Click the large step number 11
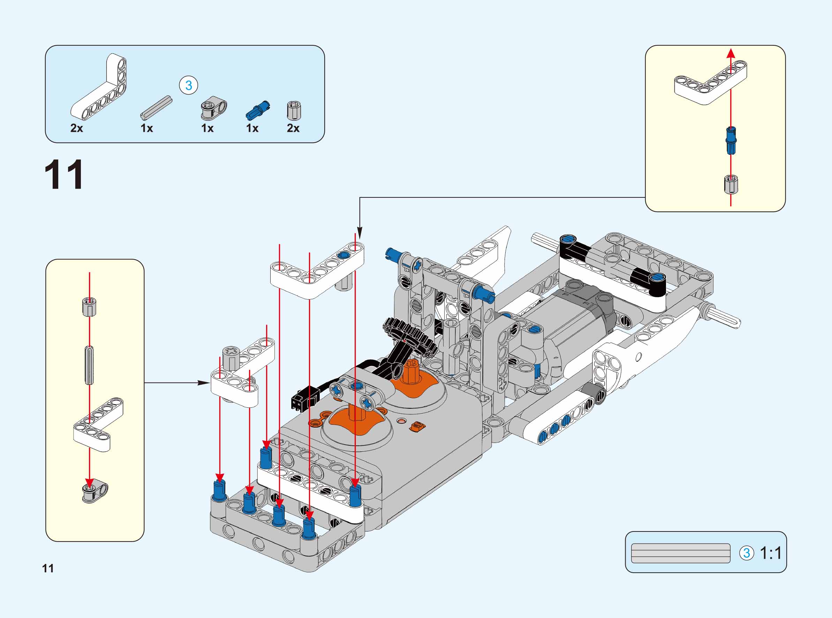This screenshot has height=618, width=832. pyautogui.click(x=64, y=175)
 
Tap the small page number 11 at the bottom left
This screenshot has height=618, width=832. pyautogui.click(x=48, y=568)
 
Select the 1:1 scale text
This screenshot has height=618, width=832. pyautogui.click(x=771, y=553)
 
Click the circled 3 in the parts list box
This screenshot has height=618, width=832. pyautogui.click(x=188, y=85)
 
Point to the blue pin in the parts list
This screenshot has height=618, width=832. pyautogui.click(x=257, y=110)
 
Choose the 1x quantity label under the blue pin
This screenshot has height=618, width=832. pyautogui.click(x=252, y=128)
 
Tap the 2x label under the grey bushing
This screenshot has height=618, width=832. pyautogui.click(x=293, y=128)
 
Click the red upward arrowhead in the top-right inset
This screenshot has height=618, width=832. pyautogui.click(x=731, y=54)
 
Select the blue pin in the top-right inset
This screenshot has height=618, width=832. pyautogui.click(x=731, y=140)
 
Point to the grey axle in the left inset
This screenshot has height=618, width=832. pyautogui.click(x=89, y=365)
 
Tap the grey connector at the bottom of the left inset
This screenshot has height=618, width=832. pyautogui.click(x=94, y=490)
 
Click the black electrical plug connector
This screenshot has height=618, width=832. pyautogui.click(x=302, y=399)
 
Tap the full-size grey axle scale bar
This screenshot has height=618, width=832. pyautogui.click(x=681, y=553)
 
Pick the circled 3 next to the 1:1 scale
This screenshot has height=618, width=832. pyautogui.click(x=746, y=553)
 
